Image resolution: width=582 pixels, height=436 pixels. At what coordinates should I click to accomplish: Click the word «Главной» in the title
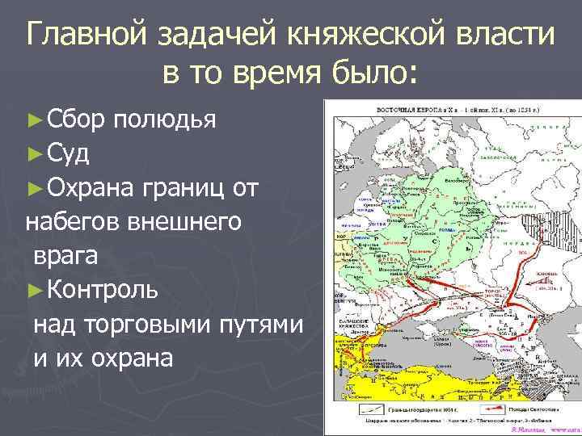[x=90, y=35]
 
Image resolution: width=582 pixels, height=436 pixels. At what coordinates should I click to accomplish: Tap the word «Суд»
[x=68, y=152]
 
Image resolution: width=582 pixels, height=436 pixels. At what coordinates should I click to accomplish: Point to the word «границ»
[x=180, y=187]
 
